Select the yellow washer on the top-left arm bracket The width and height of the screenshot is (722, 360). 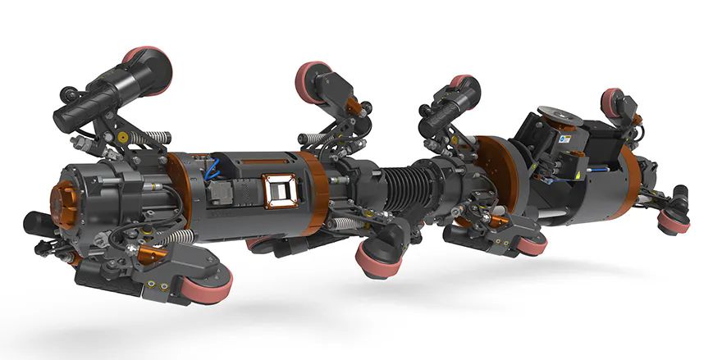click(124, 132)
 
